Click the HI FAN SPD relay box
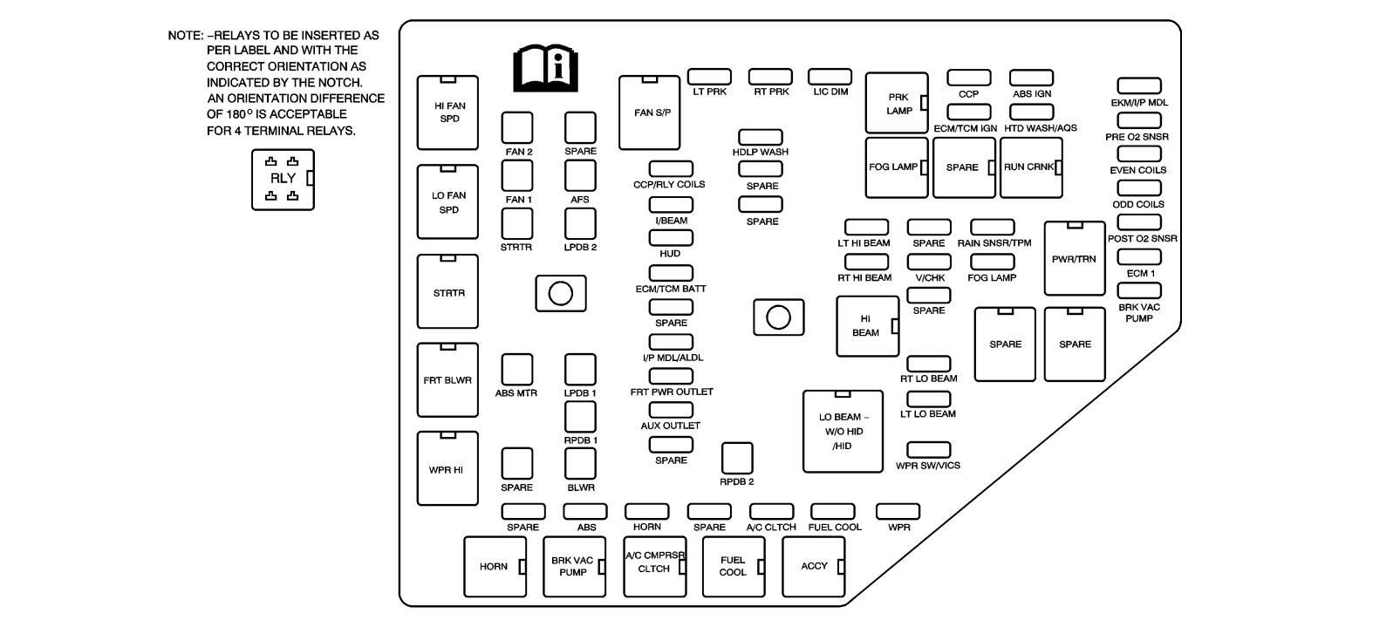[x=447, y=112]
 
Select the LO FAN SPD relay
[x=447, y=201]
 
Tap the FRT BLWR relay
[x=447, y=379]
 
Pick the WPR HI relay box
[x=447, y=468]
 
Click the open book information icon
[x=546, y=67]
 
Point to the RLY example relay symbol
[x=283, y=180]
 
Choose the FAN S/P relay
[x=649, y=112]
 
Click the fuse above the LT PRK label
[x=709, y=77]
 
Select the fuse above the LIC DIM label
[x=830, y=77]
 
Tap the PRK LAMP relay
[x=897, y=103]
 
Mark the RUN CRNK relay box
[x=1031, y=167]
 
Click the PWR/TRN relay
[x=1075, y=258]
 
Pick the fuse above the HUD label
[x=672, y=238]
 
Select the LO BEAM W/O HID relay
[x=843, y=432]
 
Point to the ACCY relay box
[x=814, y=567]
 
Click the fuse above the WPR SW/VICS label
[x=929, y=450]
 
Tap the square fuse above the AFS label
[x=580, y=175]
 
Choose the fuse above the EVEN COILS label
[x=1139, y=153]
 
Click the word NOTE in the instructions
[x=184, y=36]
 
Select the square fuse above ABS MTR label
[x=517, y=369]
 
